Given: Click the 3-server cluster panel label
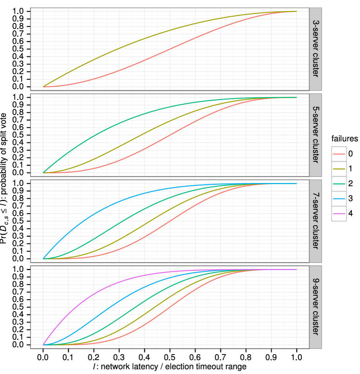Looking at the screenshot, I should coord(315,49).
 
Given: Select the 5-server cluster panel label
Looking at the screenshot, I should coord(315,134).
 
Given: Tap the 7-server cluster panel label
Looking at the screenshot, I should coord(315,220).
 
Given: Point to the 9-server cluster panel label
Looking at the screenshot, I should coord(315,306).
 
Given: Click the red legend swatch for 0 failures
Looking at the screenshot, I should coord(339,154).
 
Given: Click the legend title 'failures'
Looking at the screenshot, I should coord(345,138).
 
